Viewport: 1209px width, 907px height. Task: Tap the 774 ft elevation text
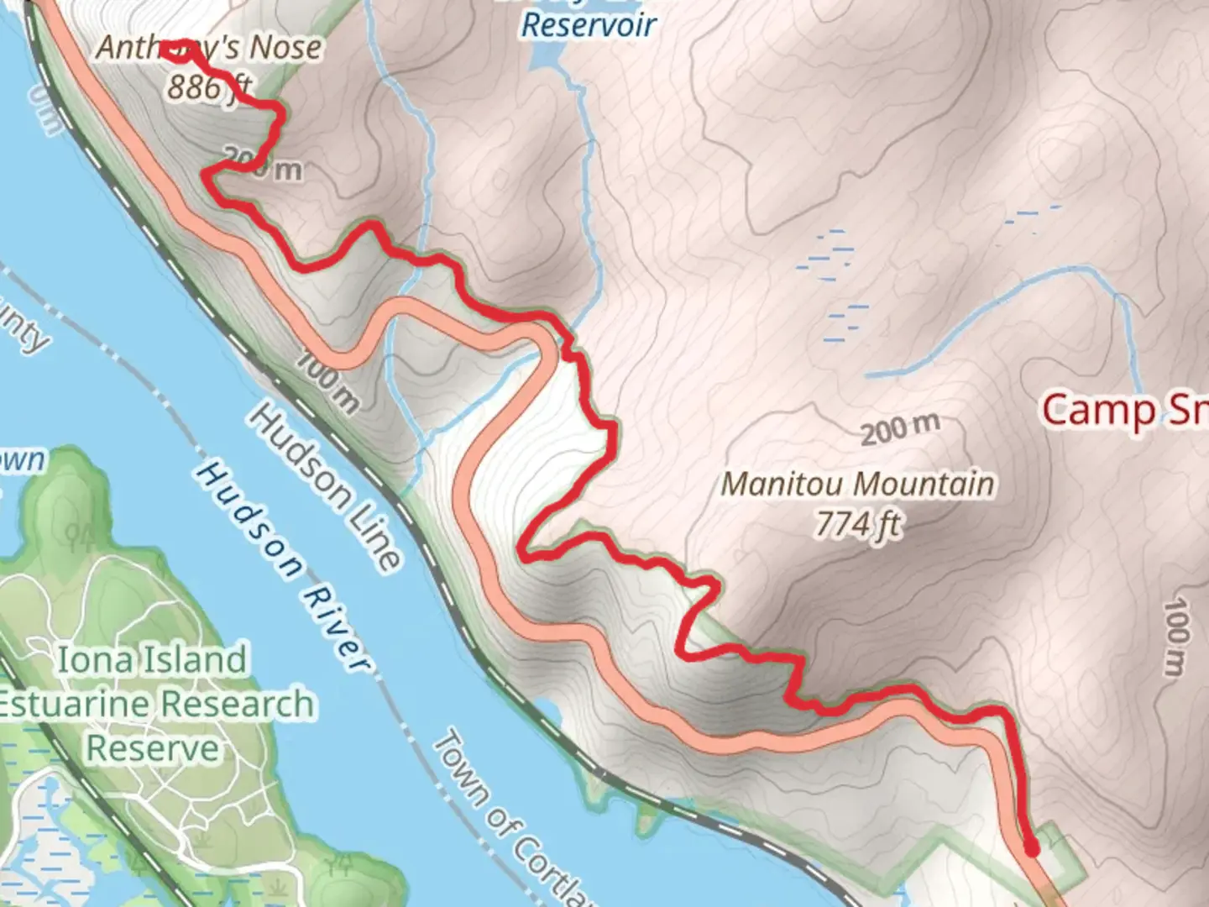pos(858,525)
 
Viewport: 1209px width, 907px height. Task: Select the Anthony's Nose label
pos(209,47)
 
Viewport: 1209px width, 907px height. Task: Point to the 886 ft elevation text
pos(209,86)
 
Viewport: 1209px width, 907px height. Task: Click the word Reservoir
pos(589,25)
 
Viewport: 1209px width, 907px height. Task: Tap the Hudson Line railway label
pos(324,486)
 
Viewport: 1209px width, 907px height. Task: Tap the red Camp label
pos(1099,410)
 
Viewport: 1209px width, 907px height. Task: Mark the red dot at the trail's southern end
pos(1032,850)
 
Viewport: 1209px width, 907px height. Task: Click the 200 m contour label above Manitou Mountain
pos(900,428)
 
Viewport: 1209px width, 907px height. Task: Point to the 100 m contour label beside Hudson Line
pos(328,382)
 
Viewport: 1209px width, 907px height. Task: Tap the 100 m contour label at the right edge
pos(1178,636)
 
